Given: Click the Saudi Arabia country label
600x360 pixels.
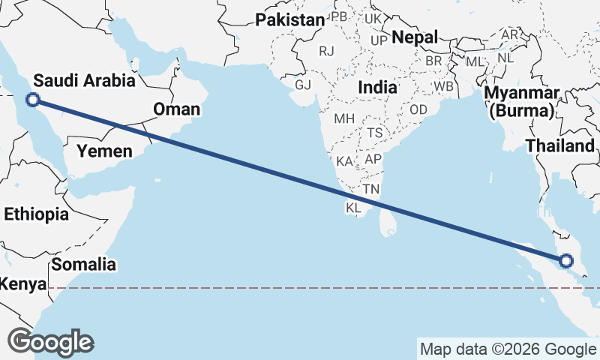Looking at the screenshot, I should click(84, 81).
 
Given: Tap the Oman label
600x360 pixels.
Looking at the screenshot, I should click(177, 109).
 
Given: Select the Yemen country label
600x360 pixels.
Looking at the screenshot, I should click(105, 151).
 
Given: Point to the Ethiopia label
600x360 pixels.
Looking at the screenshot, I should click(36, 214).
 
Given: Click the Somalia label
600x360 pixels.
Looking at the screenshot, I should click(84, 264).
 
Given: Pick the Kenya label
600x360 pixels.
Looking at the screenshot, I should click(21, 285).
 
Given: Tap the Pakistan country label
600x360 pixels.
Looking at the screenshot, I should click(290, 20).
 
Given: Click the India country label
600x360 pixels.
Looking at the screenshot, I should click(377, 87).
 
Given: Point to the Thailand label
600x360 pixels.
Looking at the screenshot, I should click(559, 145).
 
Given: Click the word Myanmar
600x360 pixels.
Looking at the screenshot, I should click(522, 94).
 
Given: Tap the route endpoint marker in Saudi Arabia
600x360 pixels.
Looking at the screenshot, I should click(32, 99).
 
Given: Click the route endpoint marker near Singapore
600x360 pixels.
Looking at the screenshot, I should click(565, 261).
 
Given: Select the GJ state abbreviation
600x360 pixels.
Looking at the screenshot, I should click(303, 85).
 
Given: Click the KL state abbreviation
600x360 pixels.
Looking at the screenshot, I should click(354, 207).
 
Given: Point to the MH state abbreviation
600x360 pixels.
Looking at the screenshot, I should click(344, 118).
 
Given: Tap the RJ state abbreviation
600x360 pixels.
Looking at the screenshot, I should click(326, 51).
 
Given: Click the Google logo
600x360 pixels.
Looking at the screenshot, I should click(50, 342).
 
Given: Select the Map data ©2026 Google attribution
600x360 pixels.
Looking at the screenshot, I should click(507, 349).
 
